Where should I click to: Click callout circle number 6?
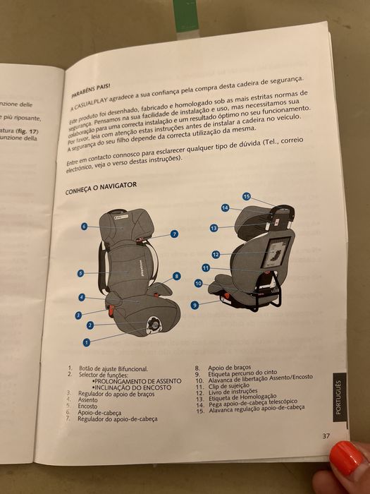pyautogui.click(x=84, y=227)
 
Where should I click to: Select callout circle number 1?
pyautogui.click(x=87, y=342)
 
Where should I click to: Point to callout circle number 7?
pyautogui.click(x=174, y=234)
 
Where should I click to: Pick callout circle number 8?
pyautogui.click(x=176, y=276)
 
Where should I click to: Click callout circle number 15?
pyautogui.click(x=247, y=196)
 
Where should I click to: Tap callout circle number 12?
pyautogui.click(x=216, y=254)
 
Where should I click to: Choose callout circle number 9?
pyautogui.click(x=194, y=305)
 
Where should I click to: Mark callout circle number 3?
pyautogui.click(x=79, y=315)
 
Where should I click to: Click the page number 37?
pyautogui.click(x=326, y=435)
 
